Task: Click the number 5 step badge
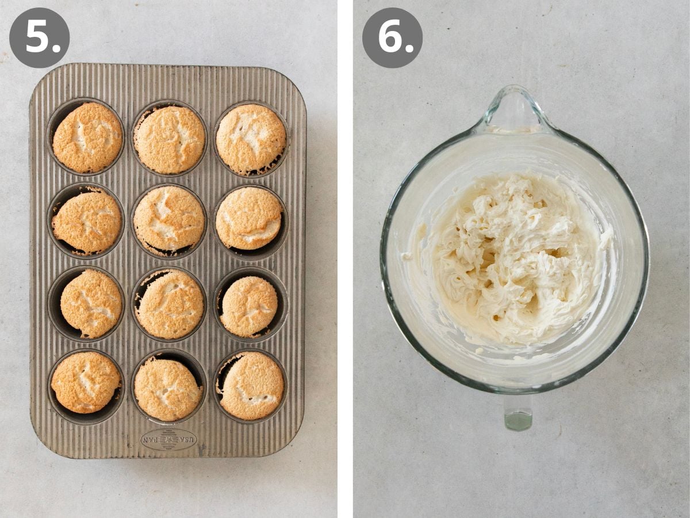39,38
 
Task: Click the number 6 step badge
392,38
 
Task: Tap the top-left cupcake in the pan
87,137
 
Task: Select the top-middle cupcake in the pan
170,139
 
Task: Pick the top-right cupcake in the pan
251,139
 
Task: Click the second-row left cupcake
87,222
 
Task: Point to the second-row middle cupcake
169,219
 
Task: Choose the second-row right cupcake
249,218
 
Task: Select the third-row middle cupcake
170,303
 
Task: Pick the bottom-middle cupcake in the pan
168,389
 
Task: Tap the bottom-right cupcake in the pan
252,385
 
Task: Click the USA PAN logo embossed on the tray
168,439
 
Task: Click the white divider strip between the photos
345,259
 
